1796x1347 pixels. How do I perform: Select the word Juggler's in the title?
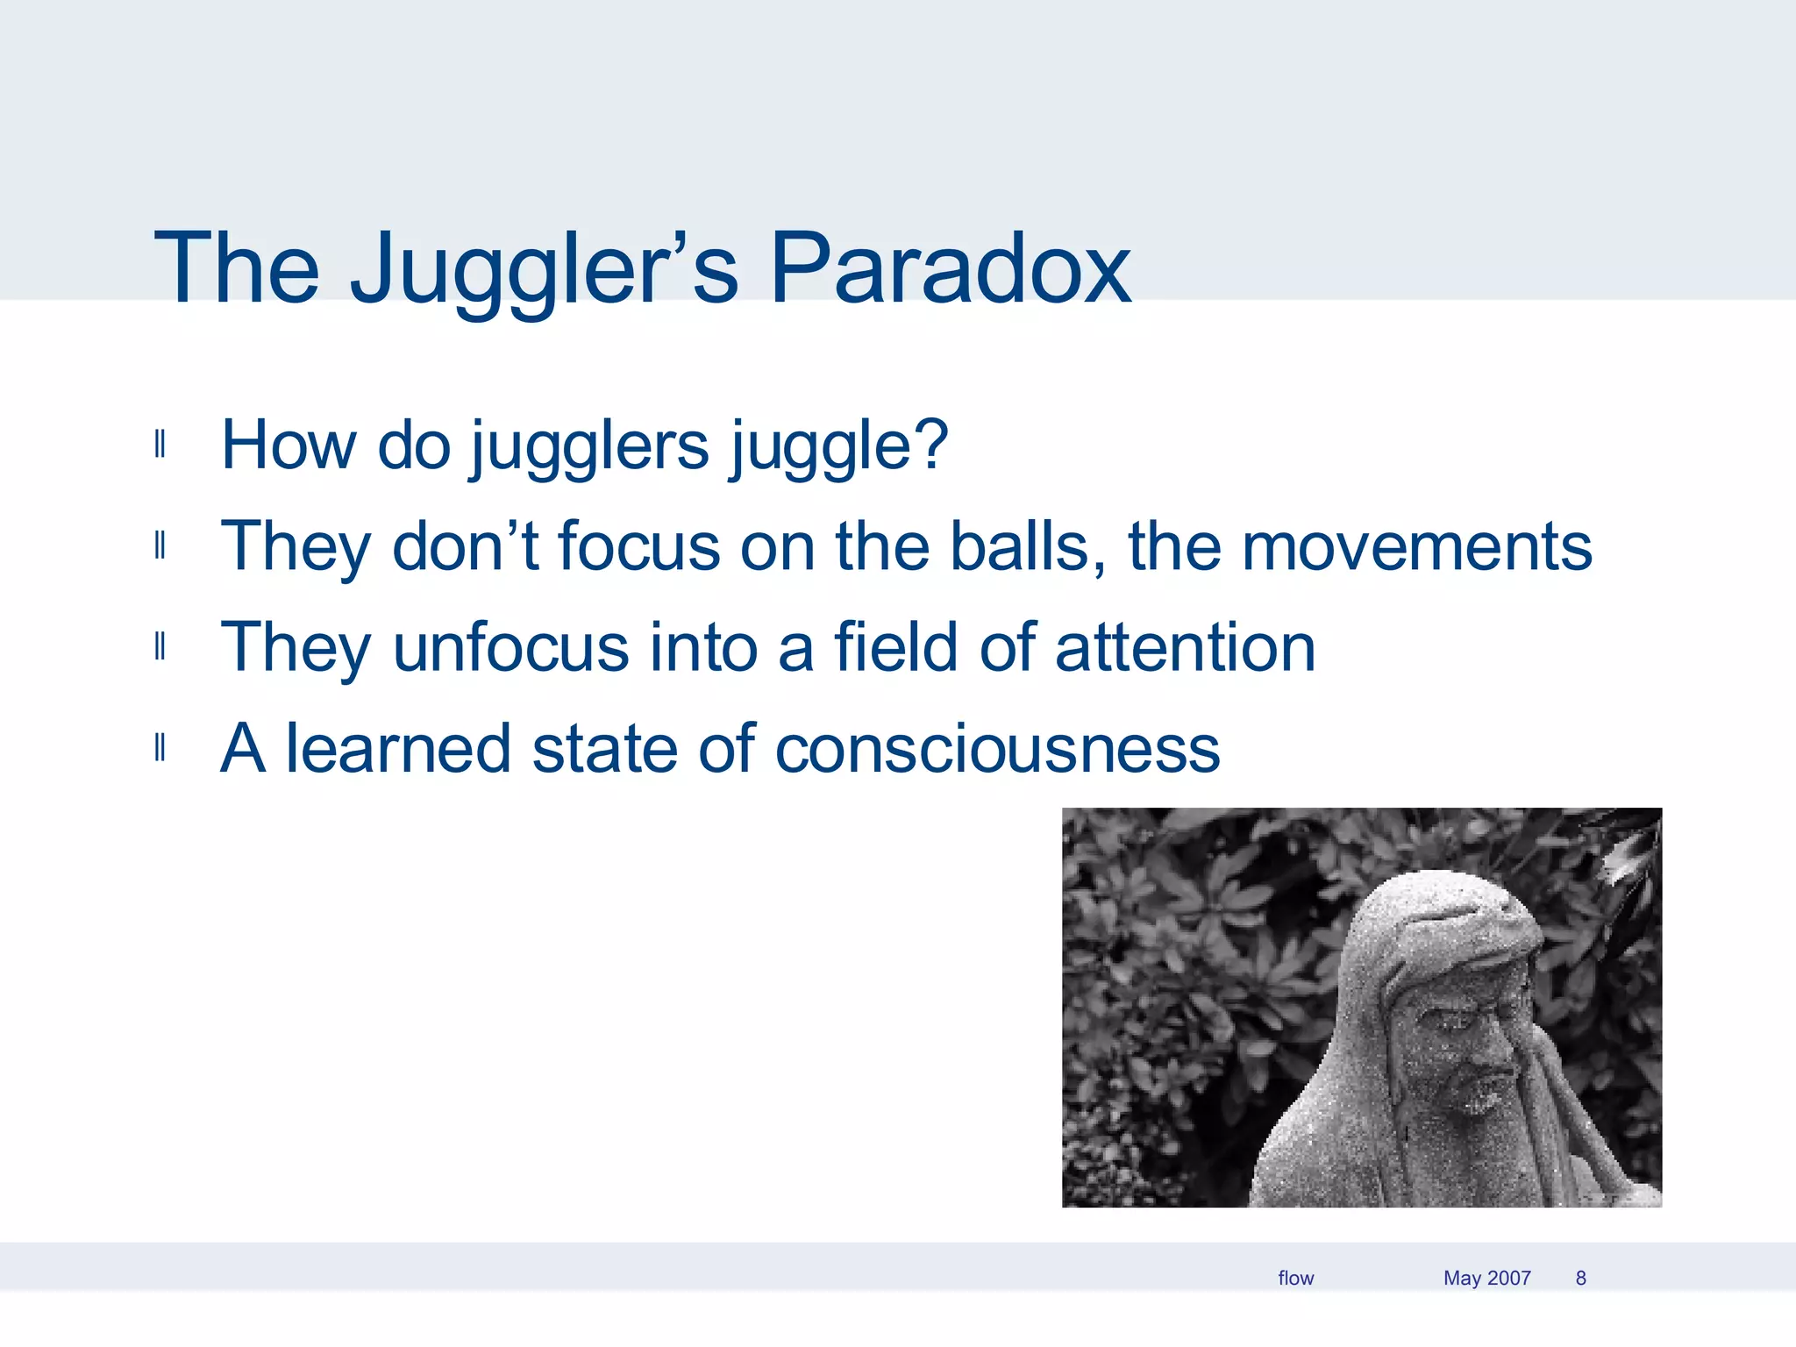point(544,269)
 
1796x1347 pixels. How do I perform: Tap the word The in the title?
point(237,269)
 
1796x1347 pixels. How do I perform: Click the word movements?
point(1415,546)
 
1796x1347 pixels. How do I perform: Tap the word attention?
point(1185,647)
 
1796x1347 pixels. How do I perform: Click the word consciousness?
point(997,749)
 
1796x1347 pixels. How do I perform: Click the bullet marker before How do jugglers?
point(160,445)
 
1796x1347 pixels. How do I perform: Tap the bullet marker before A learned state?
point(160,749)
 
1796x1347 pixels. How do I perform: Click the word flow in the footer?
point(1295,1278)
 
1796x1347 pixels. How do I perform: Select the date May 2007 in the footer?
point(1486,1278)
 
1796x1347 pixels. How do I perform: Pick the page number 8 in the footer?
point(1580,1278)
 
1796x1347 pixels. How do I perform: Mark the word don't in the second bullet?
point(465,546)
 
